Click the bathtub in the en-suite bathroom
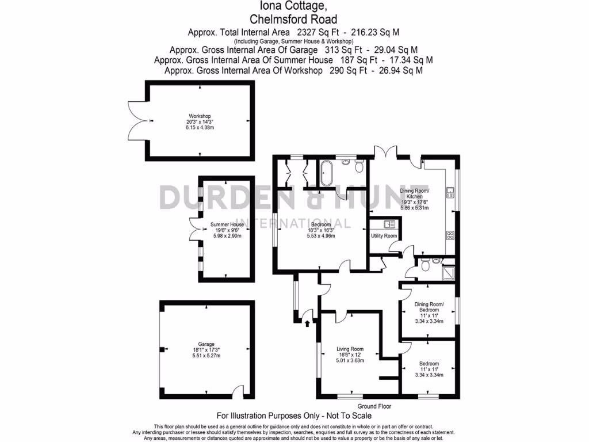(327, 173)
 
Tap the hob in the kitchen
(450, 235)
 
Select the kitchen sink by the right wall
(450, 192)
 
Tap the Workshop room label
(200, 116)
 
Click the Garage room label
(206, 344)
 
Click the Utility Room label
(384, 236)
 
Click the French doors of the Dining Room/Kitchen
(385, 153)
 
